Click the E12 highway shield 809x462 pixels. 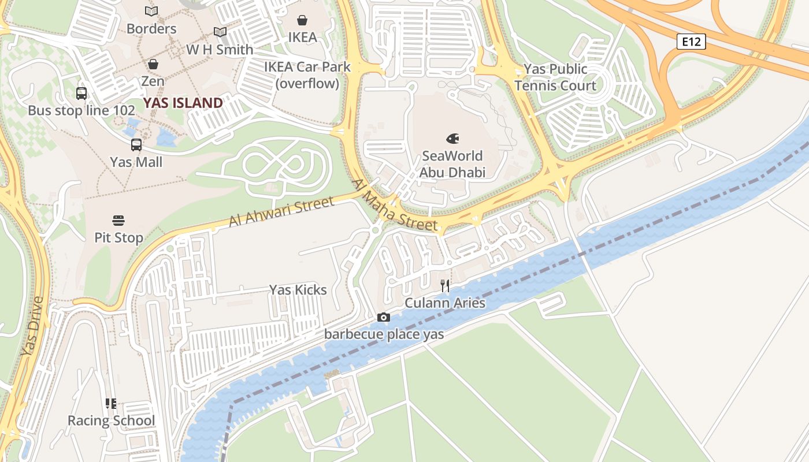691,41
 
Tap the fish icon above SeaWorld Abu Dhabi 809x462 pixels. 452,139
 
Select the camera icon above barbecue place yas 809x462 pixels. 383,317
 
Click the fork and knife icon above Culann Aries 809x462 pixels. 445,285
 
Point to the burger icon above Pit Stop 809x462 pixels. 118,220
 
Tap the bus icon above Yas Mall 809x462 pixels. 136,145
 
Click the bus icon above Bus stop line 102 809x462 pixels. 81,93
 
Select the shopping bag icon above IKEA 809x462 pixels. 302,20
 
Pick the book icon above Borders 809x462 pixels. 151,11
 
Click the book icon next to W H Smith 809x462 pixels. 220,32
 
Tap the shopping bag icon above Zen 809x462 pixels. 153,64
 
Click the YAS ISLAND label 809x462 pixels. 183,103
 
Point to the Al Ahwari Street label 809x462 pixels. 281,211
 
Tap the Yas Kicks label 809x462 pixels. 298,290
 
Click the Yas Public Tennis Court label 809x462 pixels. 555,77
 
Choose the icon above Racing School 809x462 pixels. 111,403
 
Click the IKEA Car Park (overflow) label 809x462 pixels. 307,75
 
